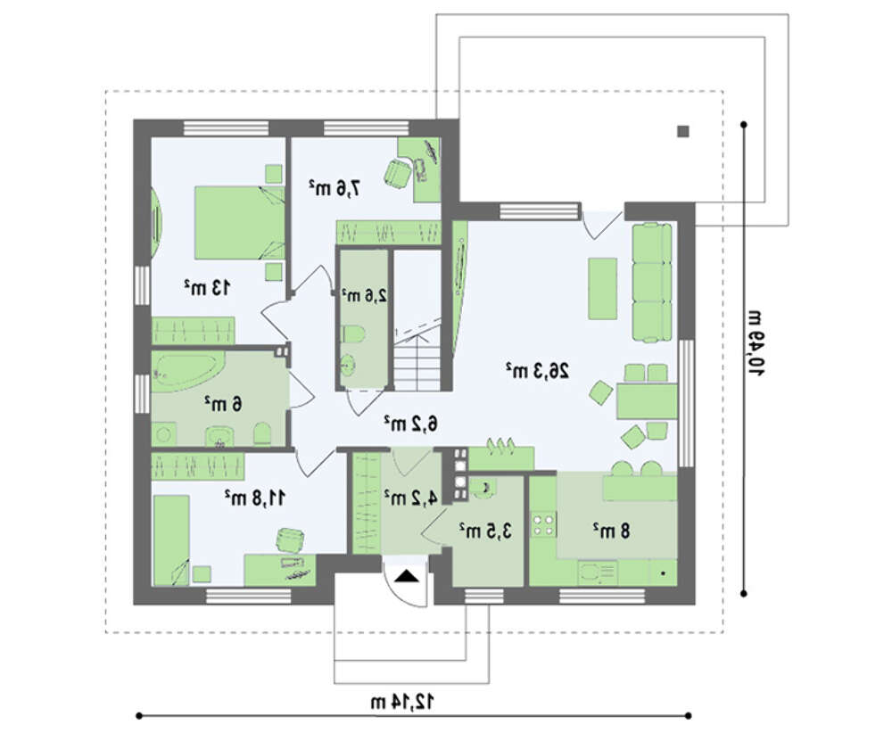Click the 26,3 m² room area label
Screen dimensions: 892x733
(x=537, y=371)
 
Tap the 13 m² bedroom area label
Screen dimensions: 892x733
(x=207, y=287)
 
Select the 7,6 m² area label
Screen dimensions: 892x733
(x=335, y=187)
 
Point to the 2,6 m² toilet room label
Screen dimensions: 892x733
(x=364, y=295)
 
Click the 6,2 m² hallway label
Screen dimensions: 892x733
(x=410, y=423)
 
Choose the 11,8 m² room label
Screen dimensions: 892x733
(x=254, y=498)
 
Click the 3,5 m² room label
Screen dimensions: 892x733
(x=485, y=531)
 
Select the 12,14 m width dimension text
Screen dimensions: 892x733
(x=402, y=702)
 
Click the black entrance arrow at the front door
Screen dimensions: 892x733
(x=406, y=576)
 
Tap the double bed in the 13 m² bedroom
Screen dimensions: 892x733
(x=239, y=222)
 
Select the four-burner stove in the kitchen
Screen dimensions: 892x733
(x=542, y=524)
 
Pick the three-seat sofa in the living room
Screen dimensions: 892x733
(x=652, y=283)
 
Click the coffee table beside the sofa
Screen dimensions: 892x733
(x=602, y=288)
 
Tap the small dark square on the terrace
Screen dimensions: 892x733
(x=683, y=131)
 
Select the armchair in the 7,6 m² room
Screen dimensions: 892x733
(x=397, y=173)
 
